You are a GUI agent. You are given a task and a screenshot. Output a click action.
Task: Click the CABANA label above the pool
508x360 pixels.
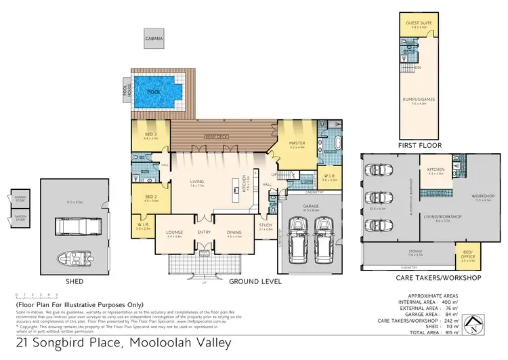pyautogui.click(x=154, y=39)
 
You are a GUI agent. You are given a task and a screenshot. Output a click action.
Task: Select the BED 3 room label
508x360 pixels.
pyautogui.click(x=150, y=135)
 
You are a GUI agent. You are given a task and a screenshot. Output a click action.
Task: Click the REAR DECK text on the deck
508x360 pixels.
pyautogui.click(x=217, y=136)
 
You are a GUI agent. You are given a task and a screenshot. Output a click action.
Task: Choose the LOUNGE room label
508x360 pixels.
pyautogui.click(x=175, y=233)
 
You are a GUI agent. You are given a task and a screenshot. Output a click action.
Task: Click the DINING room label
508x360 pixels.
pyautogui.click(x=235, y=233)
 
